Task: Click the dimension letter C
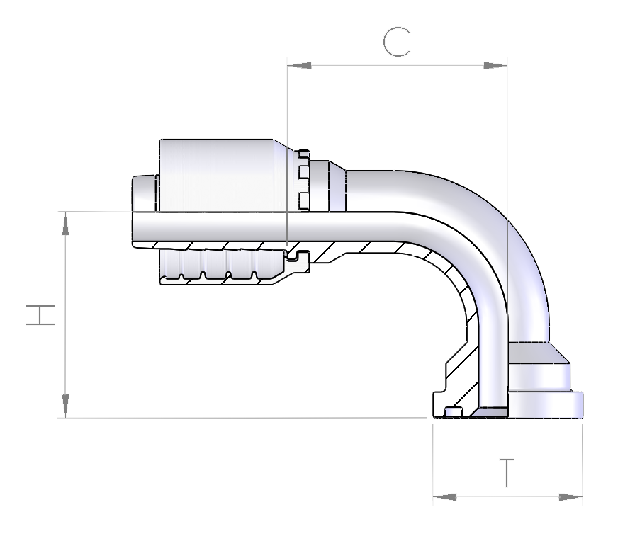[397, 42]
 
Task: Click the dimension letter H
[40, 314]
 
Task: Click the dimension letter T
[507, 472]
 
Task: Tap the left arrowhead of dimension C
[299, 65]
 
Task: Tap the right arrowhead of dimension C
[495, 65]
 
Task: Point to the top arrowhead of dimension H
[65, 223]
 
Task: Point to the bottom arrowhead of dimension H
[65, 406]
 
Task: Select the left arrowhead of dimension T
[445, 497]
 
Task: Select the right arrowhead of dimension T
[570, 497]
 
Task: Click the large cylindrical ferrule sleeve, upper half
[223, 175]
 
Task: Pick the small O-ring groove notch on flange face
[453, 412]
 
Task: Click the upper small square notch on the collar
[303, 173]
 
